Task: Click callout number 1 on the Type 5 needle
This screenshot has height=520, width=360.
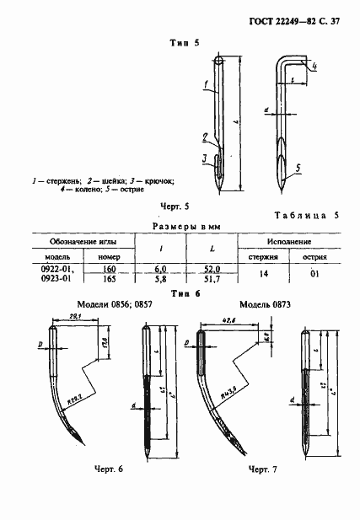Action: pyautogui.click(x=205, y=83)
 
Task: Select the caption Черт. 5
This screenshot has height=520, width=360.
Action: pyautogui.click(x=175, y=205)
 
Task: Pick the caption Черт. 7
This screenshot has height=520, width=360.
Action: pyautogui.click(x=262, y=469)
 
